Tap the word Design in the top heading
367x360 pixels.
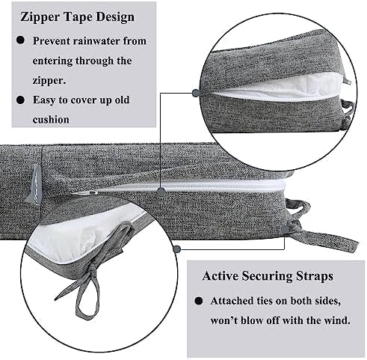point(115,17)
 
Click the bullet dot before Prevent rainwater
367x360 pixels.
point(20,40)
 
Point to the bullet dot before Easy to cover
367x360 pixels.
point(20,100)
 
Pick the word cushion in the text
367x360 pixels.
point(51,120)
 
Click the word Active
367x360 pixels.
point(220,276)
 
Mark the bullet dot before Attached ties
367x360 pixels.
point(199,301)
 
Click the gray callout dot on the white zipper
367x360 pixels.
point(161,192)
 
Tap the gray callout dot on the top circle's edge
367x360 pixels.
point(196,93)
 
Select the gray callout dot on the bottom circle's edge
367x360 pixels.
point(177,248)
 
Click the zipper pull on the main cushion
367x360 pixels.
point(84,192)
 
